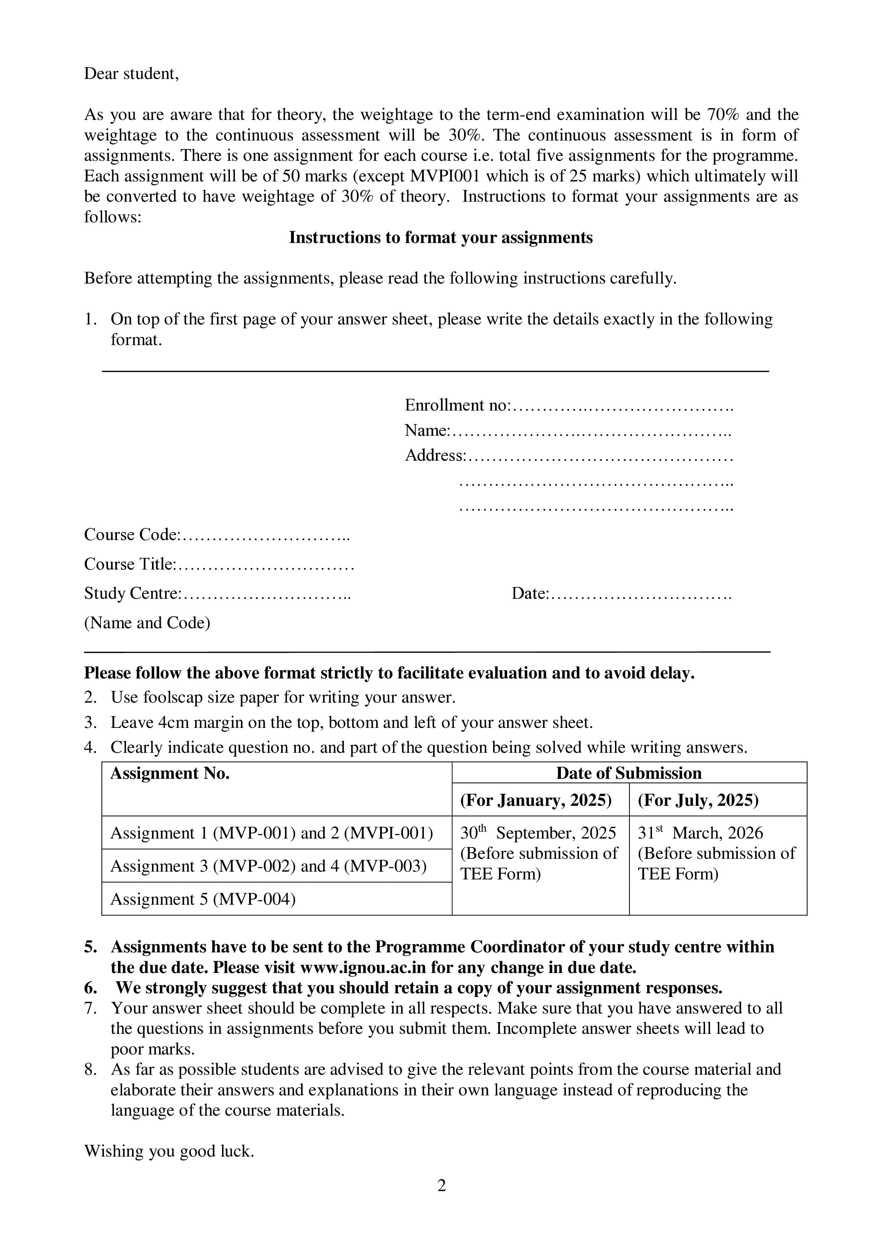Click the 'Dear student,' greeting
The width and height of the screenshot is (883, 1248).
(x=131, y=74)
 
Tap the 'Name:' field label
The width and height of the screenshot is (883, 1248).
(x=427, y=430)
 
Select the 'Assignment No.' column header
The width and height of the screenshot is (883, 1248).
(x=170, y=773)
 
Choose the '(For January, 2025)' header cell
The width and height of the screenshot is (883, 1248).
(x=536, y=800)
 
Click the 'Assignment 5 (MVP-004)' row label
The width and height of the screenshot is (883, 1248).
(x=203, y=899)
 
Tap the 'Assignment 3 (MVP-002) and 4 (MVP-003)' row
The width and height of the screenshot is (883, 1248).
(x=269, y=866)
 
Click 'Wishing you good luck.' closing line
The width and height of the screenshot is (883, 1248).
(x=169, y=1151)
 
